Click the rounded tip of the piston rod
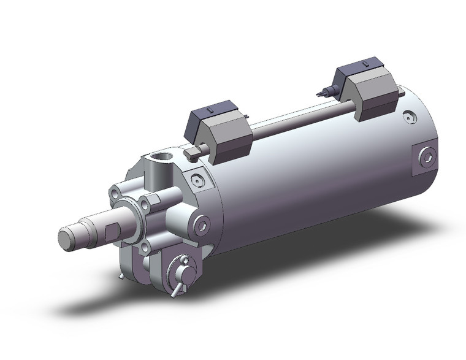pos(66,237)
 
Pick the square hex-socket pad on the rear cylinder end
pos(427,158)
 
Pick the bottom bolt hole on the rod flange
pos(145,247)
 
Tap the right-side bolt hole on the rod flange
pos(145,205)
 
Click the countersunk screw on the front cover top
pos(196,180)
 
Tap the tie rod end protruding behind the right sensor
pos(400,93)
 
